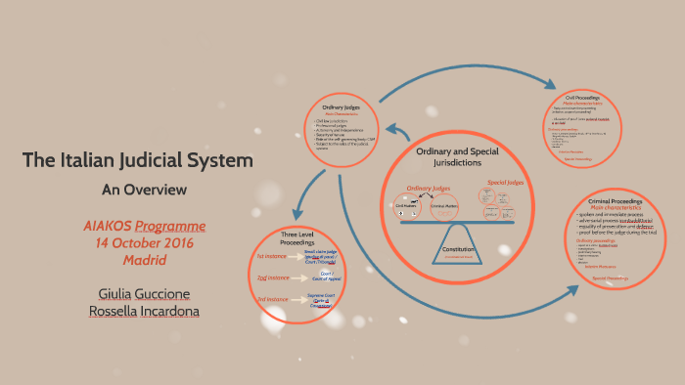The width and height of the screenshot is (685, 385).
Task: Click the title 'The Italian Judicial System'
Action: click(x=137, y=159)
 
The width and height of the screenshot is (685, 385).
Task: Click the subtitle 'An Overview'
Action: click(x=144, y=189)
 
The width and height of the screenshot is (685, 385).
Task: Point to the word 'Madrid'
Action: click(x=144, y=260)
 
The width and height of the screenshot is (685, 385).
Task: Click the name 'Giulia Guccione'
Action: click(x=144, y=293)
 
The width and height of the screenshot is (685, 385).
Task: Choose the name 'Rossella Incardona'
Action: click(x=144, y=311)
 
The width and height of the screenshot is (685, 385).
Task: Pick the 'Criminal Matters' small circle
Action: click(x=444, y=206)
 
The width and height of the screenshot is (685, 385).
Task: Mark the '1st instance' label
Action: click(x=271, y=256)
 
